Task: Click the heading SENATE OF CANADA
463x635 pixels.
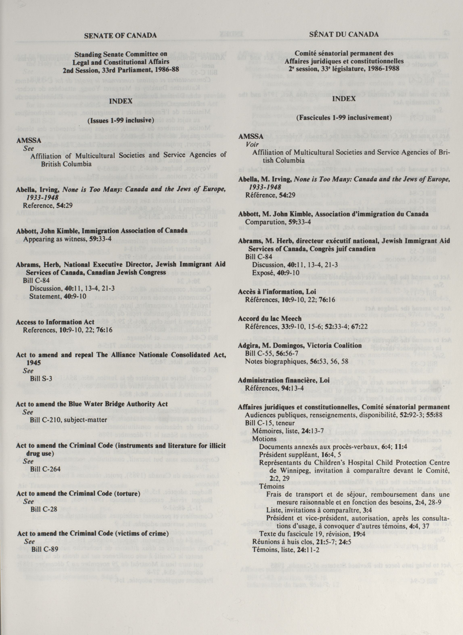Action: click(x=120, y=35)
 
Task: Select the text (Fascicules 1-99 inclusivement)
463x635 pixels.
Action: click(x=344, y=118)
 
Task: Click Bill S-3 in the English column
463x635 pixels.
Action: click(x=41, y=379)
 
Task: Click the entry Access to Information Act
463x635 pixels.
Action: click(x=55, y=322)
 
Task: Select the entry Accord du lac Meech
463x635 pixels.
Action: click(x=270, y=319)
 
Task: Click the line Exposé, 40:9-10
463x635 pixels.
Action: click(x=276, y=273)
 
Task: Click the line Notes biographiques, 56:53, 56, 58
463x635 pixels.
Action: click(x=297, y=361)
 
